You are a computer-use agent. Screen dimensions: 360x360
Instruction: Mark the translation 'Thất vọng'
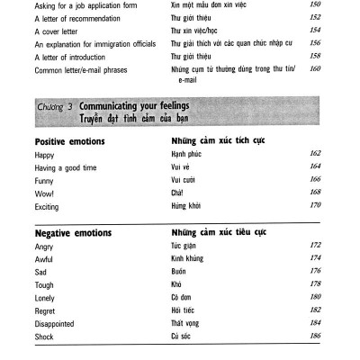click(187, 321)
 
